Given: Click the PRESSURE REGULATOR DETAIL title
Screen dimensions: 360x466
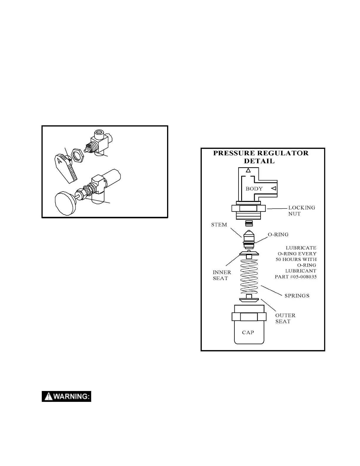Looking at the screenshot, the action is pos(261,157).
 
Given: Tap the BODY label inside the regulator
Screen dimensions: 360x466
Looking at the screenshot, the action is pos(254,189).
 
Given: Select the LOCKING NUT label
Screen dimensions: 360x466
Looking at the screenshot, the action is pos(301,211).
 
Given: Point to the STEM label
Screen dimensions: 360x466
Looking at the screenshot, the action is pos(219,225).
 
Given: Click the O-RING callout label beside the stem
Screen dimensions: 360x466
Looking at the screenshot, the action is pos(278,234).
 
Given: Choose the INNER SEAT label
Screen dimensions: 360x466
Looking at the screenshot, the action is pos(222,275).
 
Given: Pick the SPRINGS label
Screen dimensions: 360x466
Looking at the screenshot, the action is pos(297,296).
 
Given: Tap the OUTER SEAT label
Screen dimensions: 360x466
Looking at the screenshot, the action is pos(285,318).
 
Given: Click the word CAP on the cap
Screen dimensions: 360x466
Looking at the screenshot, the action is pos(248,332).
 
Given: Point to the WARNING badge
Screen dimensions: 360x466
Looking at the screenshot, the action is pos(66,397).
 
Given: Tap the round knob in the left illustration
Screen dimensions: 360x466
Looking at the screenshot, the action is pos(65,203).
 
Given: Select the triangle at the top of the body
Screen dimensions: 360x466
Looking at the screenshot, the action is pos(248,170).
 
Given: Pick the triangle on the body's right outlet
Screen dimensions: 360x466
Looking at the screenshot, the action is pos(274,188).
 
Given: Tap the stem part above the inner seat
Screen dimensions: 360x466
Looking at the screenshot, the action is pos(249,238).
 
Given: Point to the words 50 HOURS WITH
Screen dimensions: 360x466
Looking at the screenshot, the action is pos(296,259).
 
